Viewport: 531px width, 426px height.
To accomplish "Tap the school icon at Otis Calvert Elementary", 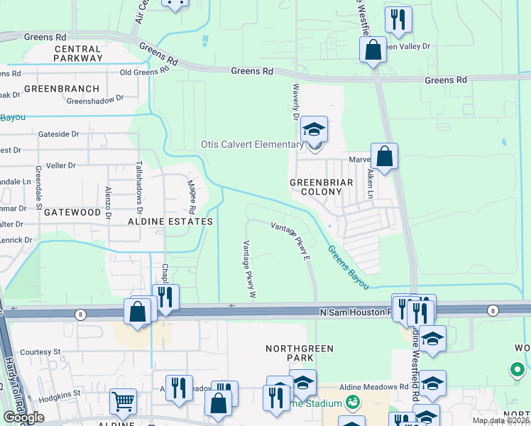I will click(313, 130).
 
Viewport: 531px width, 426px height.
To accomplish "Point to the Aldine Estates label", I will click(170, 222).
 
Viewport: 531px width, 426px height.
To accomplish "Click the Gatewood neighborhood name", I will click(72, 212).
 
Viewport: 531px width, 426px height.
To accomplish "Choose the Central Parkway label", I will click(78, 53).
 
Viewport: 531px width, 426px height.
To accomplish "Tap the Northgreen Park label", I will click(299, 354).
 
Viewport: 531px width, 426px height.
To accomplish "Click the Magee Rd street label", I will click(190, 196).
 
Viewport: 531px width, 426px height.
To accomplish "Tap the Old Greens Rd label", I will click(144, 71).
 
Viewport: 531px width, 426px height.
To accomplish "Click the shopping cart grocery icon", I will click(123, 402).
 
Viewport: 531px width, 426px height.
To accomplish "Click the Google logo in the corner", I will click(23, 417).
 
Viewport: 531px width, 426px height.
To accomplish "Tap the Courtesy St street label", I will click(40, 351).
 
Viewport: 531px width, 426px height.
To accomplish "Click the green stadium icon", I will click(352, 403).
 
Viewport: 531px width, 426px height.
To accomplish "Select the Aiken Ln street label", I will click(370, 183).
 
